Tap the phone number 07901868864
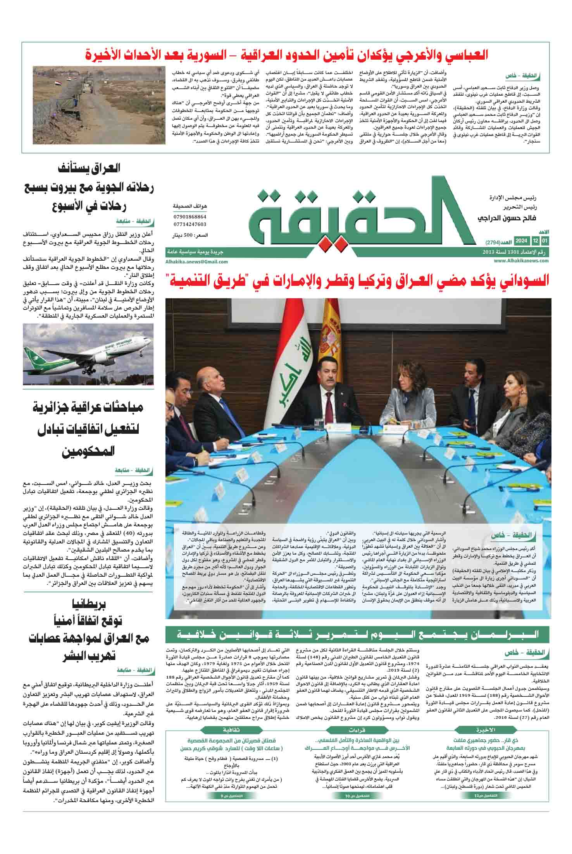[190, 217]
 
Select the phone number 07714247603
[190, 224]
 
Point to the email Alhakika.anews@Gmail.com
[196, 261]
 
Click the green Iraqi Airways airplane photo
[88, 355]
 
